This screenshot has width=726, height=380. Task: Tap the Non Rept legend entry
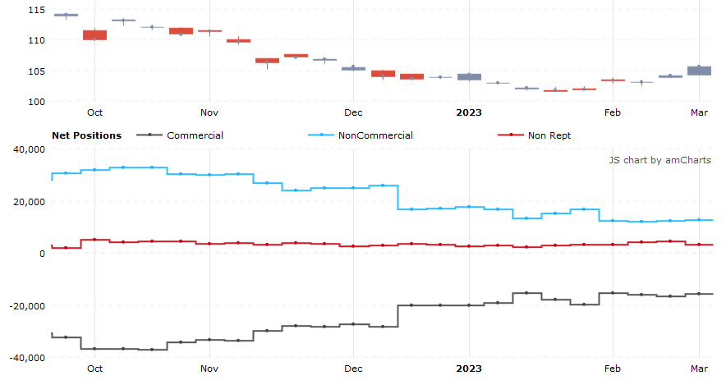point(549,135)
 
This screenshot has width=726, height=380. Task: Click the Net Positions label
point(86,135)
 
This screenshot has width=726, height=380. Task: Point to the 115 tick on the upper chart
point(36,10)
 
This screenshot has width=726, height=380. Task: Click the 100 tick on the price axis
point(36,102)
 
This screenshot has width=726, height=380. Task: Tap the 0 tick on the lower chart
point(42,254)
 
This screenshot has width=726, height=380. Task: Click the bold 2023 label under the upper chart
point(469,112)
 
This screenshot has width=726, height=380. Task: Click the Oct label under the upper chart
point(94,112)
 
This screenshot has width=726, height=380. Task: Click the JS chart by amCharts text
point(659,160)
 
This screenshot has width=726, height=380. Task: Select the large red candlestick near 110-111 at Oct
point(94,35)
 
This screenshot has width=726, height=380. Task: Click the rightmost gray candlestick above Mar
point(699,71)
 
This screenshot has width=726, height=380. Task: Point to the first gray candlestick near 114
point(66,15)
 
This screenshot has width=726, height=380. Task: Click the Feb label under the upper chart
point(612,112)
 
